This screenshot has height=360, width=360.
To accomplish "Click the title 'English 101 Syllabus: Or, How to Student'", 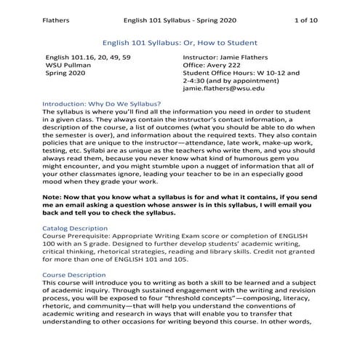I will click(x=180, y=43).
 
